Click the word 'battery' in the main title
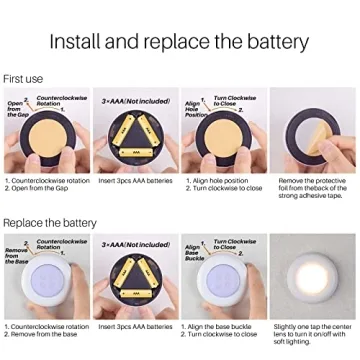coord(271,42)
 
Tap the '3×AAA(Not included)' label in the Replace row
coord(134,244)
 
